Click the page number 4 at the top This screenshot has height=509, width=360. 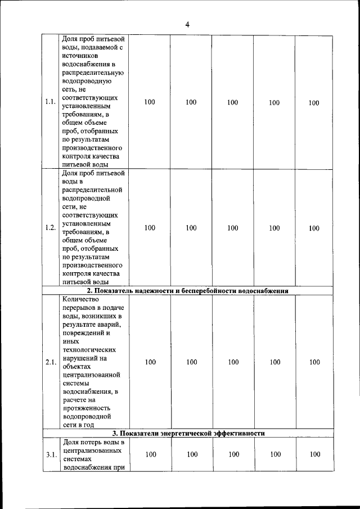[187, 24]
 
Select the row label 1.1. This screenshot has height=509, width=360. [49, 102]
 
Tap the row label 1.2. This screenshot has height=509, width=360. [49, 228]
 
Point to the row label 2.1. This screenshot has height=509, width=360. [50, 362]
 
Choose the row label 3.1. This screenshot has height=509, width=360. [50, 455]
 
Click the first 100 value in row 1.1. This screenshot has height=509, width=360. [150, 102]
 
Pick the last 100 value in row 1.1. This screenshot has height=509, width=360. [313, 102]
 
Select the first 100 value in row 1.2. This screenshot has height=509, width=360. [150, 228]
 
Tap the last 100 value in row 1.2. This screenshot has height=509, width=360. [313, 228]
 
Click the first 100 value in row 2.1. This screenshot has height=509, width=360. [150, 362]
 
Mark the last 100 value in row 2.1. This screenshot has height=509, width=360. [314, 362]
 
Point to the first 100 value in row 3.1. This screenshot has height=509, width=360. [150, 454]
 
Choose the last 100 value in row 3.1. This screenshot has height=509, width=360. [314, 454]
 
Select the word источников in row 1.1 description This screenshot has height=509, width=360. [80, 57]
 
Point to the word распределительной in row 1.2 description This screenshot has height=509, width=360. [91, 190]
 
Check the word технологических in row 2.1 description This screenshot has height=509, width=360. [88, 349]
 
